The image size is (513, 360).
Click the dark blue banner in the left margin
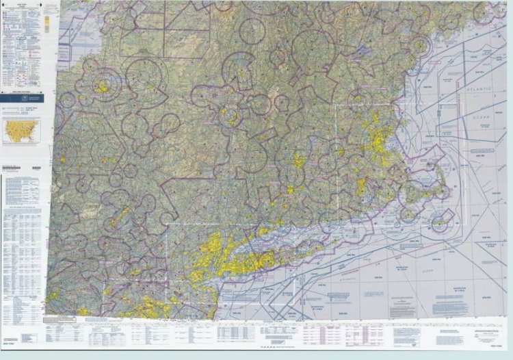coord(21,99)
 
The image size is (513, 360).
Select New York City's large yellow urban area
coord(209,257)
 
